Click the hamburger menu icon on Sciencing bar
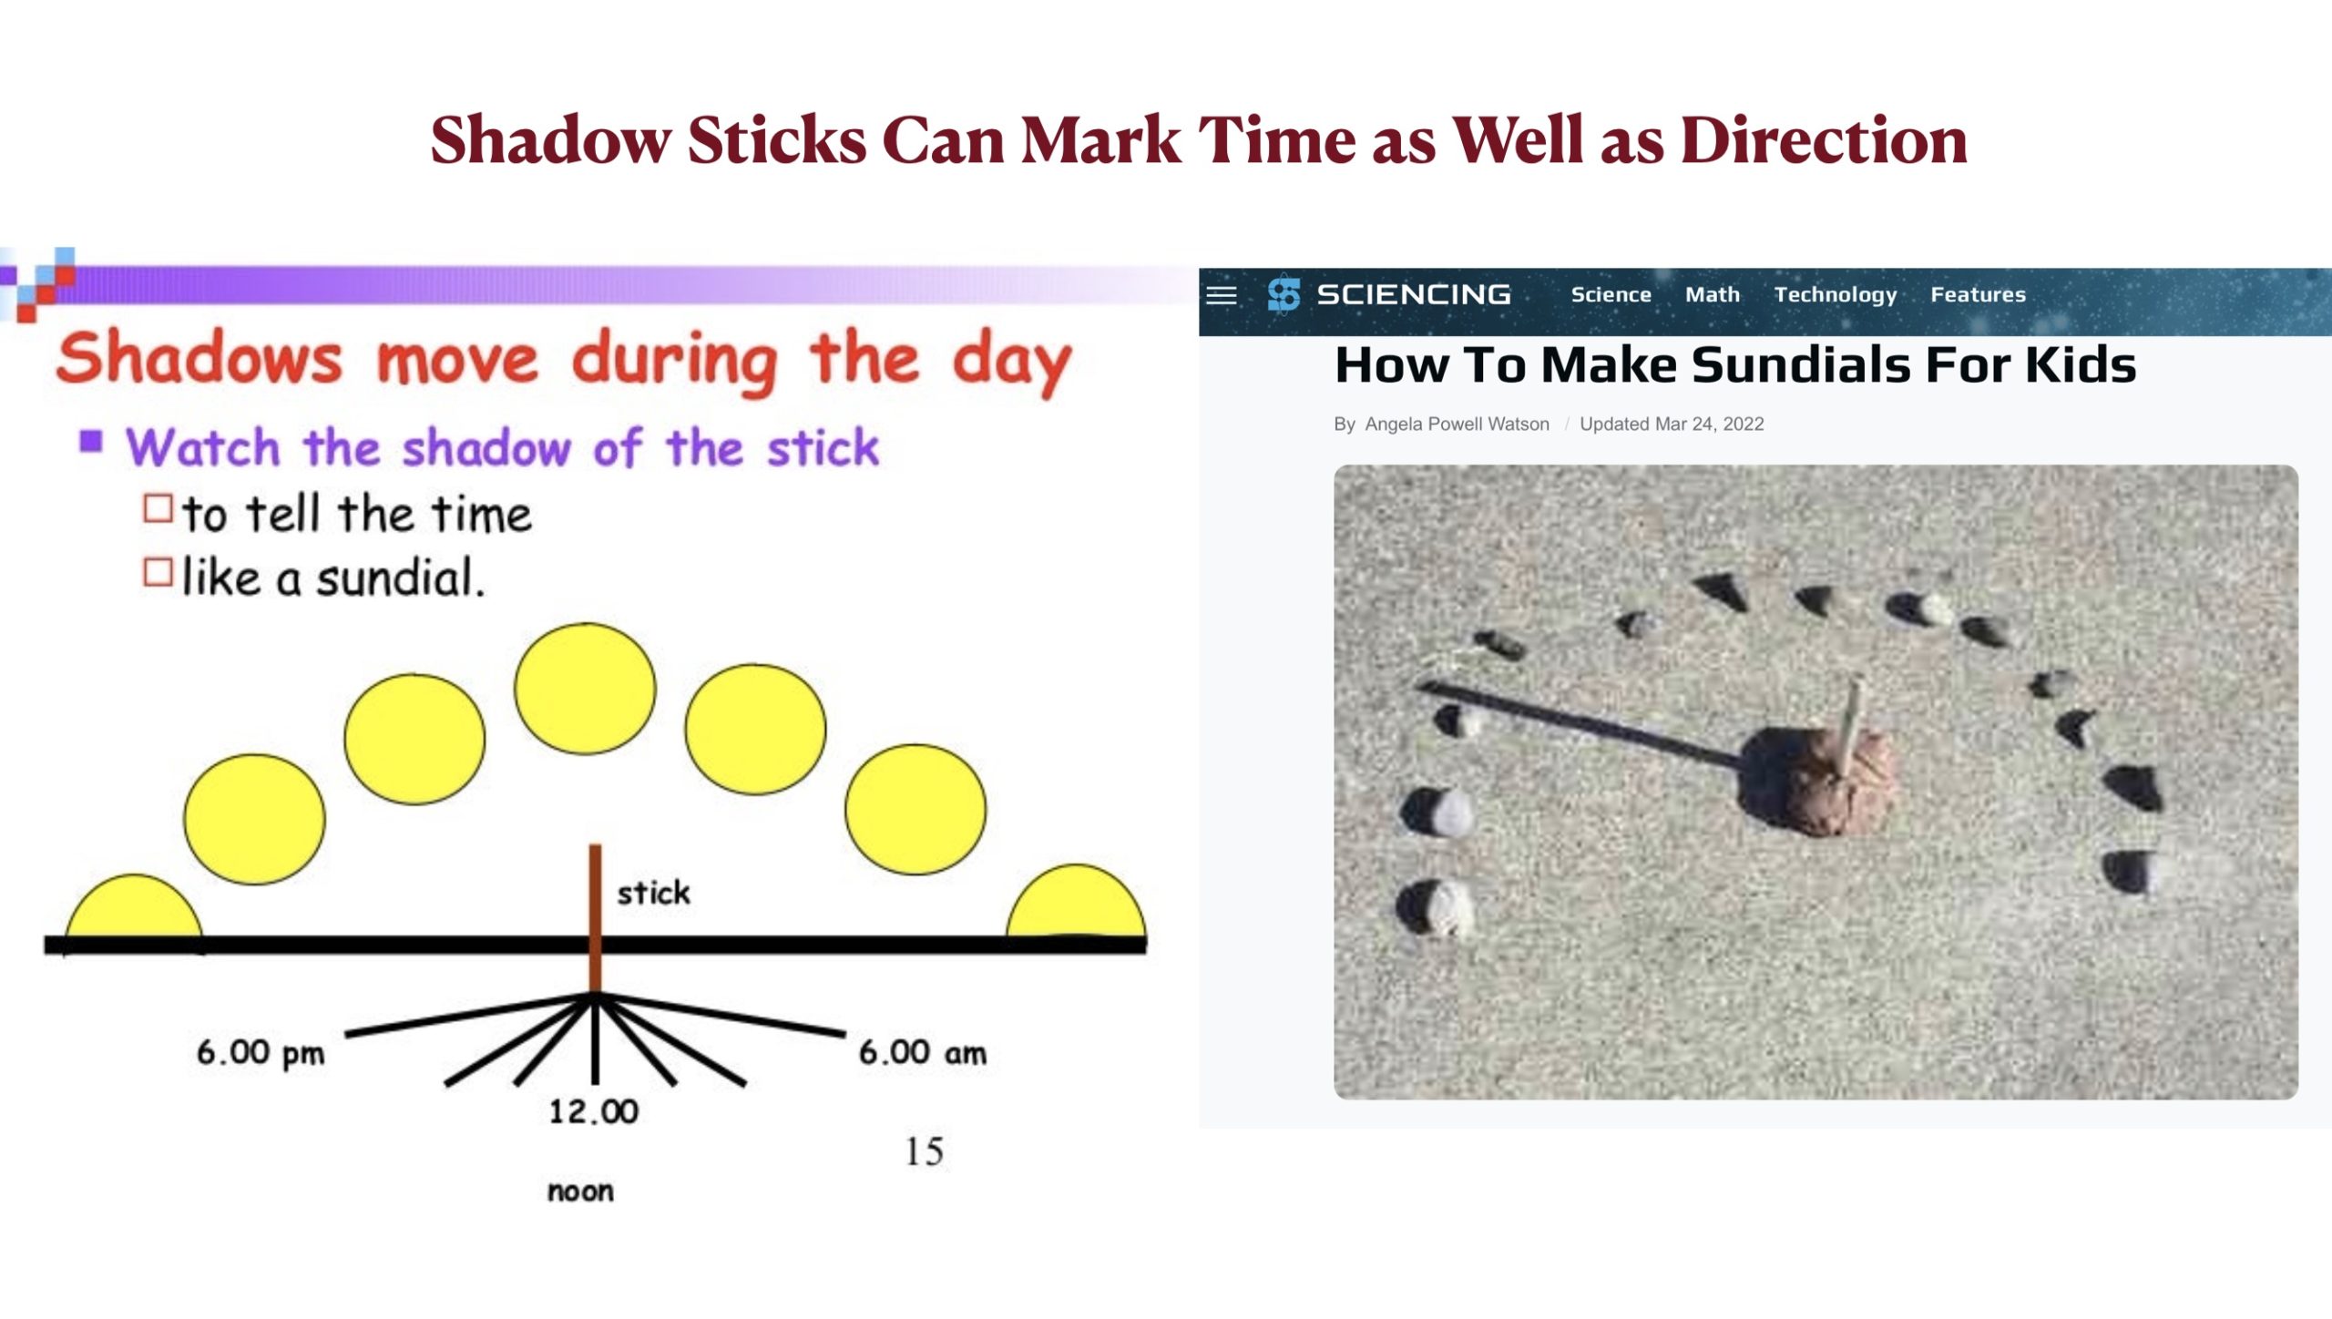1222,295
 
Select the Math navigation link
1713,294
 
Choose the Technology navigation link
1836,295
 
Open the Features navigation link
1978,294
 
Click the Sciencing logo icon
1284,294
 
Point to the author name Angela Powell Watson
1457,424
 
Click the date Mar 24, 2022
1709,424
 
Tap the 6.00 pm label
261,1053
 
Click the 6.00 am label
922,1053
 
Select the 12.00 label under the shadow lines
593,1111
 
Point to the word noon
580,1191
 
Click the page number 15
924,1152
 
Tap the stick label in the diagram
653,893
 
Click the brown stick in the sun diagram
595,918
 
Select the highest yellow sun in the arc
585,689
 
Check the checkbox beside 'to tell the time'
158,508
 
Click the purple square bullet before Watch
91,442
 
